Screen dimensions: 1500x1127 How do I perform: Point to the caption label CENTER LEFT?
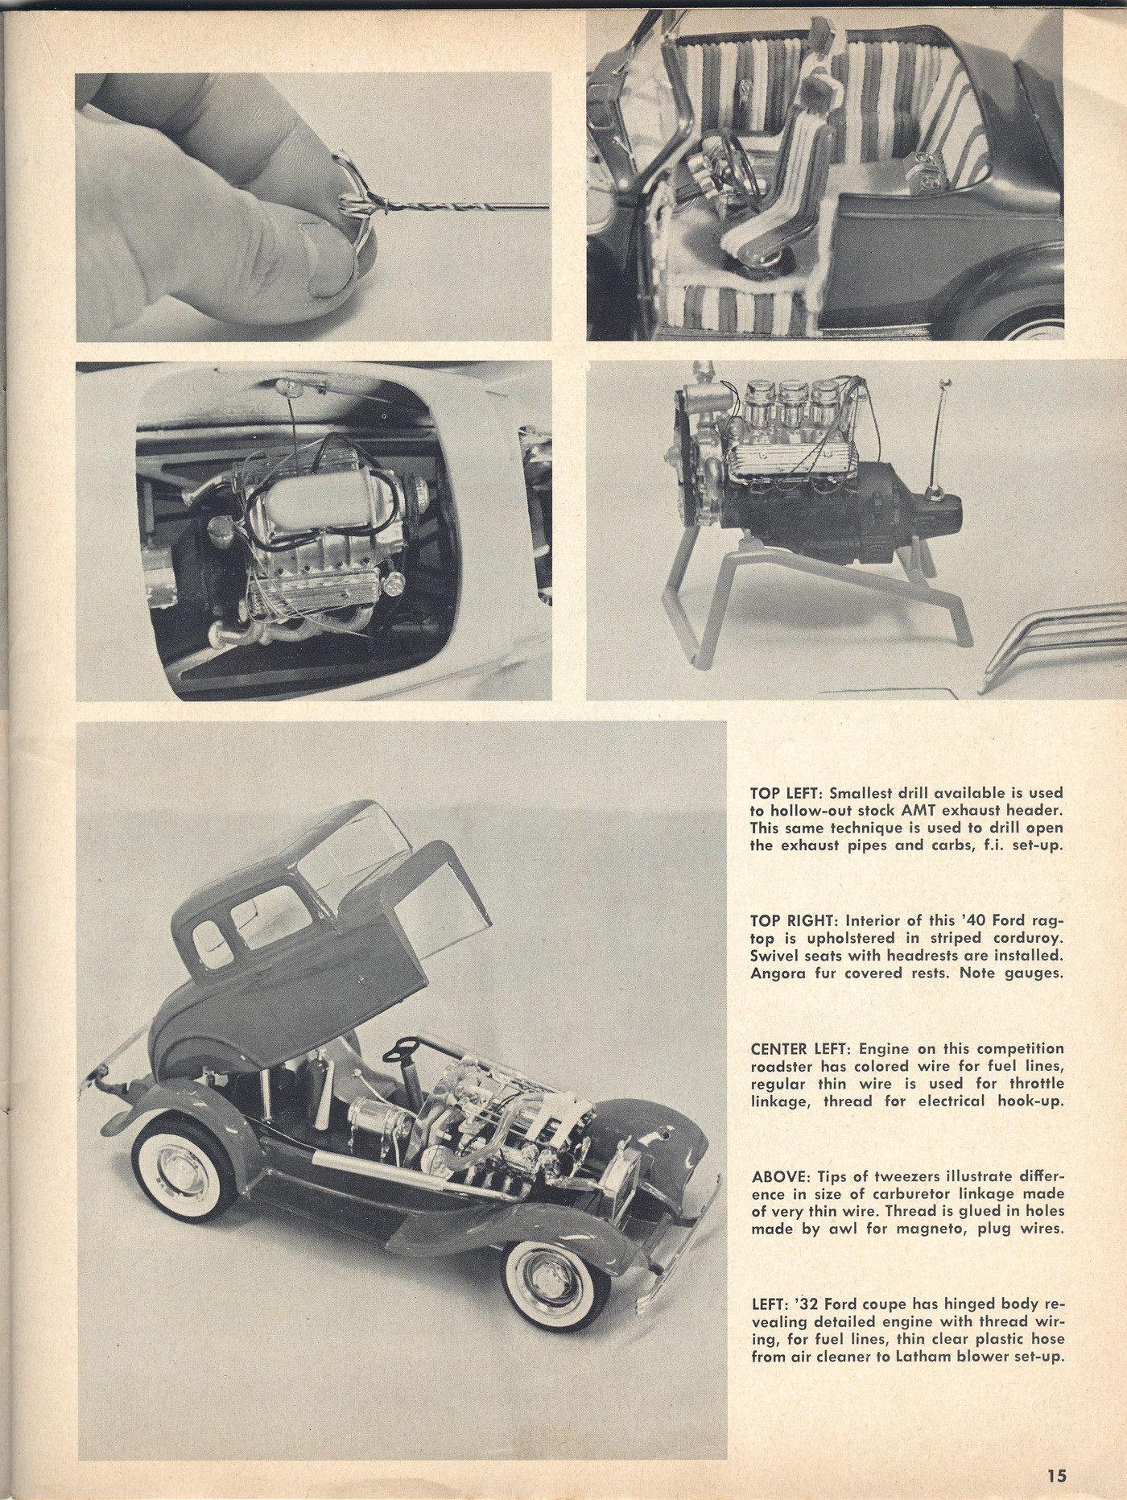click(802, 1049)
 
